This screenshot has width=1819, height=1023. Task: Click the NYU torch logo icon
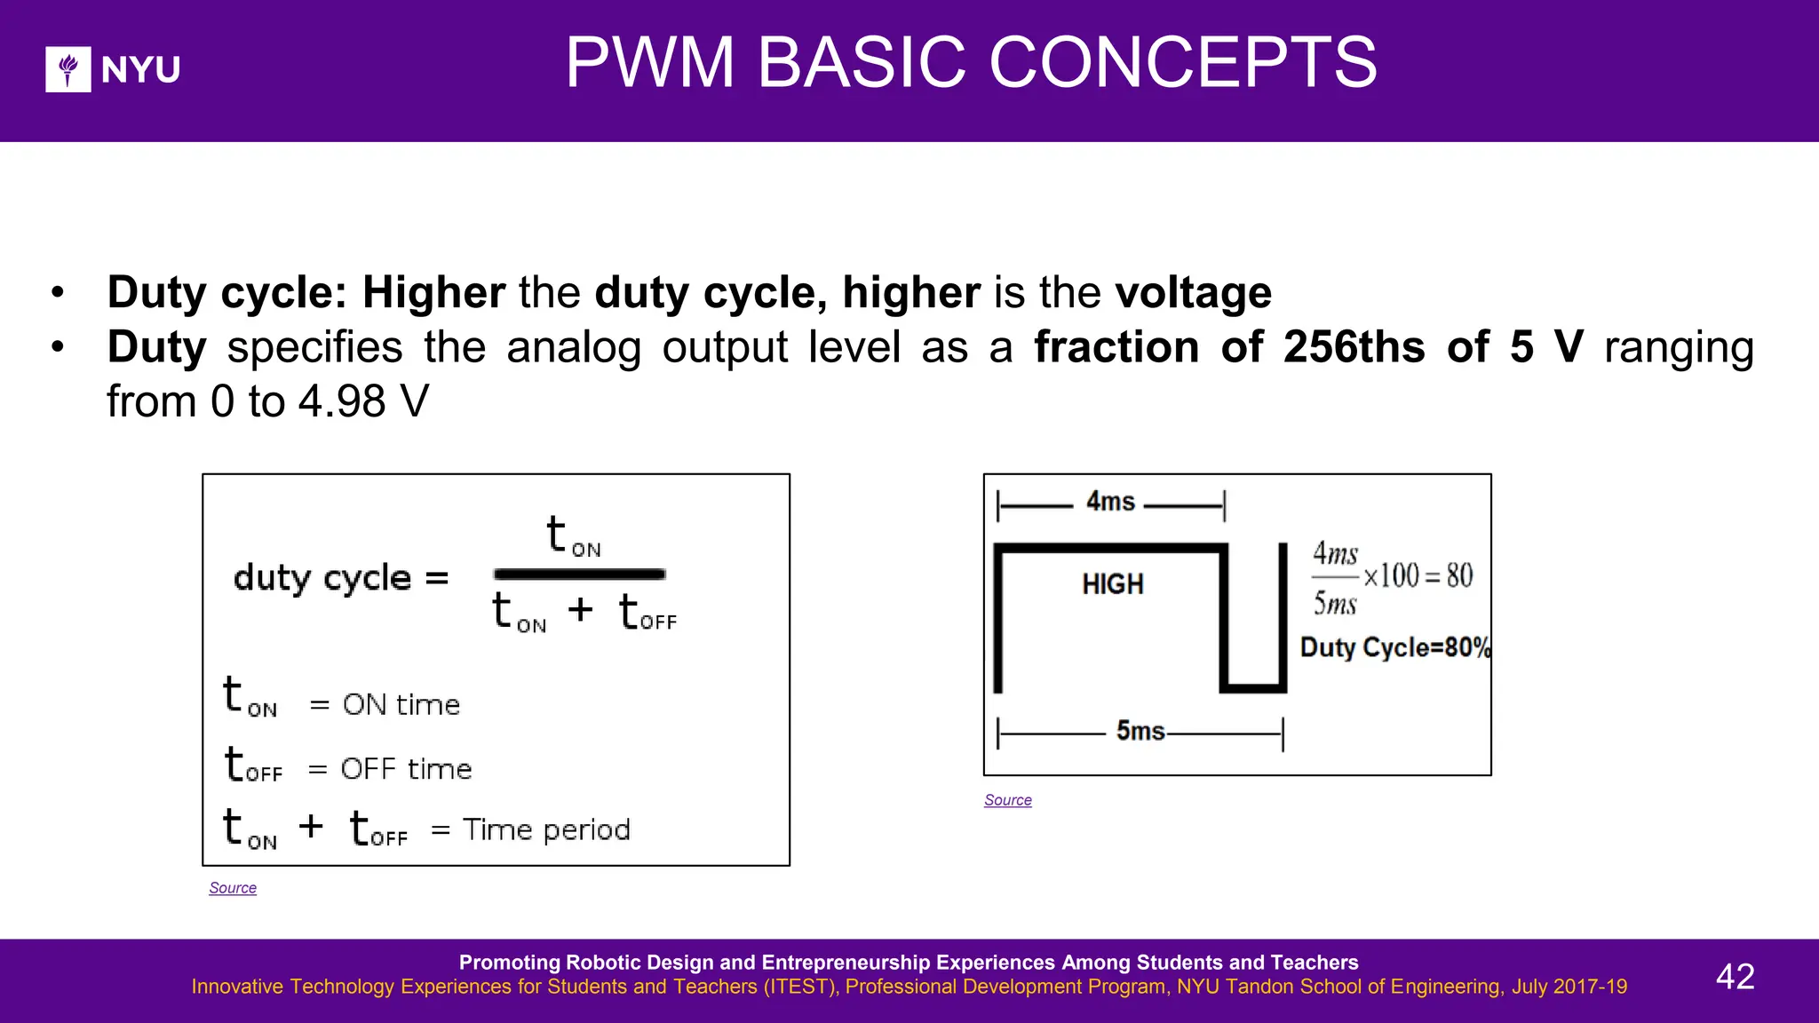[x=68, y=69]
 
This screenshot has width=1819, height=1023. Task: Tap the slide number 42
[x=1735, y=977]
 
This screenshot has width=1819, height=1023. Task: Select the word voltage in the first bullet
[x=1193, y=293]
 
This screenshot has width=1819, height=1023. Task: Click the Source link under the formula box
[x=233, y=888]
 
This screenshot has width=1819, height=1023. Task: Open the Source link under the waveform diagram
[x=1007, y=800]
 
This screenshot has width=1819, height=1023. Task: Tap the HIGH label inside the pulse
[x=1112, y=584]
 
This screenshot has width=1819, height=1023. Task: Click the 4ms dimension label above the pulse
[x=1110, y=502]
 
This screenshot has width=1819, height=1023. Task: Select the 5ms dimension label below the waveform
[x=1140, y=731]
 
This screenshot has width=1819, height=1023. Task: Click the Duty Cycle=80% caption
[x=1394, y=647]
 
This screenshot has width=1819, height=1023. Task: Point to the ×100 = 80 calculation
[x=1418, y=576]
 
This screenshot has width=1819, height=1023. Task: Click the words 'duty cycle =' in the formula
[x=341, y=578]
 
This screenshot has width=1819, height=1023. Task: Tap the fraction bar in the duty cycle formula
[x=579, y=575]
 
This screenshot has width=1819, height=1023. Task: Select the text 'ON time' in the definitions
[x=401, y=705]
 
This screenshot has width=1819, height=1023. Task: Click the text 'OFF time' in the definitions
[x=406, y=769]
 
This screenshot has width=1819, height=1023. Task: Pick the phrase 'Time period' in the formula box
[x=546, y=830]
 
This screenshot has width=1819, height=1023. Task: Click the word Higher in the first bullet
[x=433, y=293]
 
